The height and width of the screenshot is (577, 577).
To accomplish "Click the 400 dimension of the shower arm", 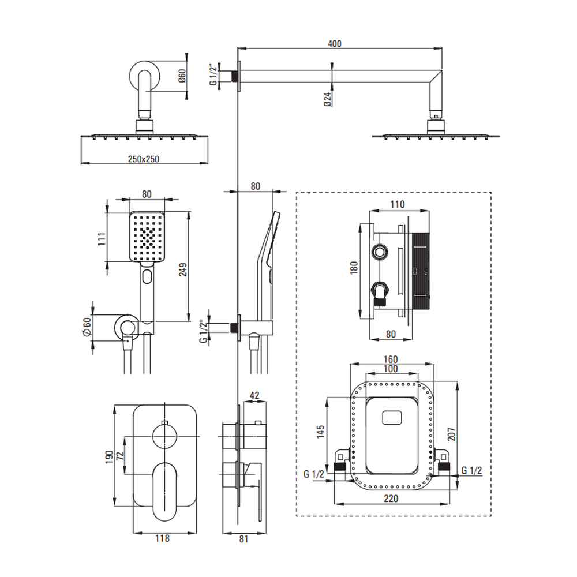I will tap(334, 44).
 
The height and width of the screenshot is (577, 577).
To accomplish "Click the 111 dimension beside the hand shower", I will tap(100, 239).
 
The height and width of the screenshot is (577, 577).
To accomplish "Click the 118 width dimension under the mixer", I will tap(162, 538).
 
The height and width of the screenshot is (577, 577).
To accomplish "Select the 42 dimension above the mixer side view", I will tap(255, 395).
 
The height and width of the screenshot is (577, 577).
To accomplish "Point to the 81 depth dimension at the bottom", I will tap(243, 539).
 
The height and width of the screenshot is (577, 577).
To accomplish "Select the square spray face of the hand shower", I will tap(147, 237).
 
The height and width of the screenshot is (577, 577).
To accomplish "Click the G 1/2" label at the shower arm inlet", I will tap(213, 76).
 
